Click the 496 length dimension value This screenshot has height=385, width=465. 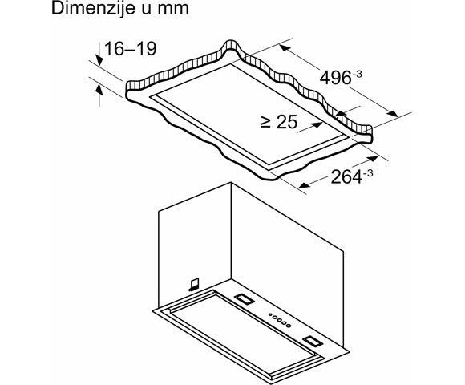point(332,78)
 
